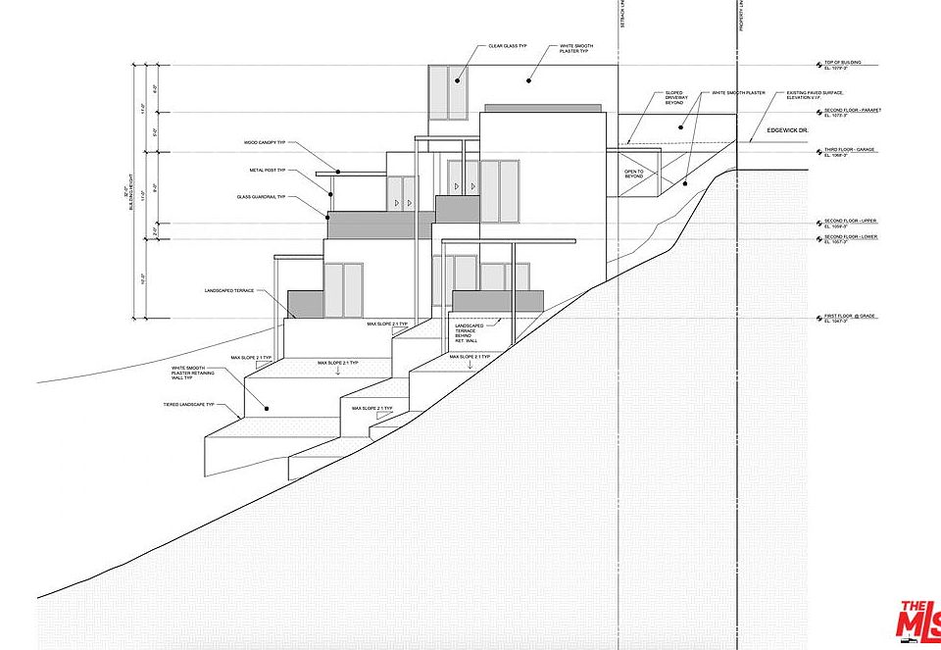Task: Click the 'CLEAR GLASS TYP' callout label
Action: (x=508, y=46)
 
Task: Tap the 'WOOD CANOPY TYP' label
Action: (x=265, y=142)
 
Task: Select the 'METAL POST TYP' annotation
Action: (x=267, y=170)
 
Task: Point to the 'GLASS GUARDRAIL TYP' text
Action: (x=260, y=197)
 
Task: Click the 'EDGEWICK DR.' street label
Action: (x=786, y=128)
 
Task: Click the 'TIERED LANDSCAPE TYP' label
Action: (x=188, y=405)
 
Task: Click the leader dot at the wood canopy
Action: (x=336, y=173)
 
